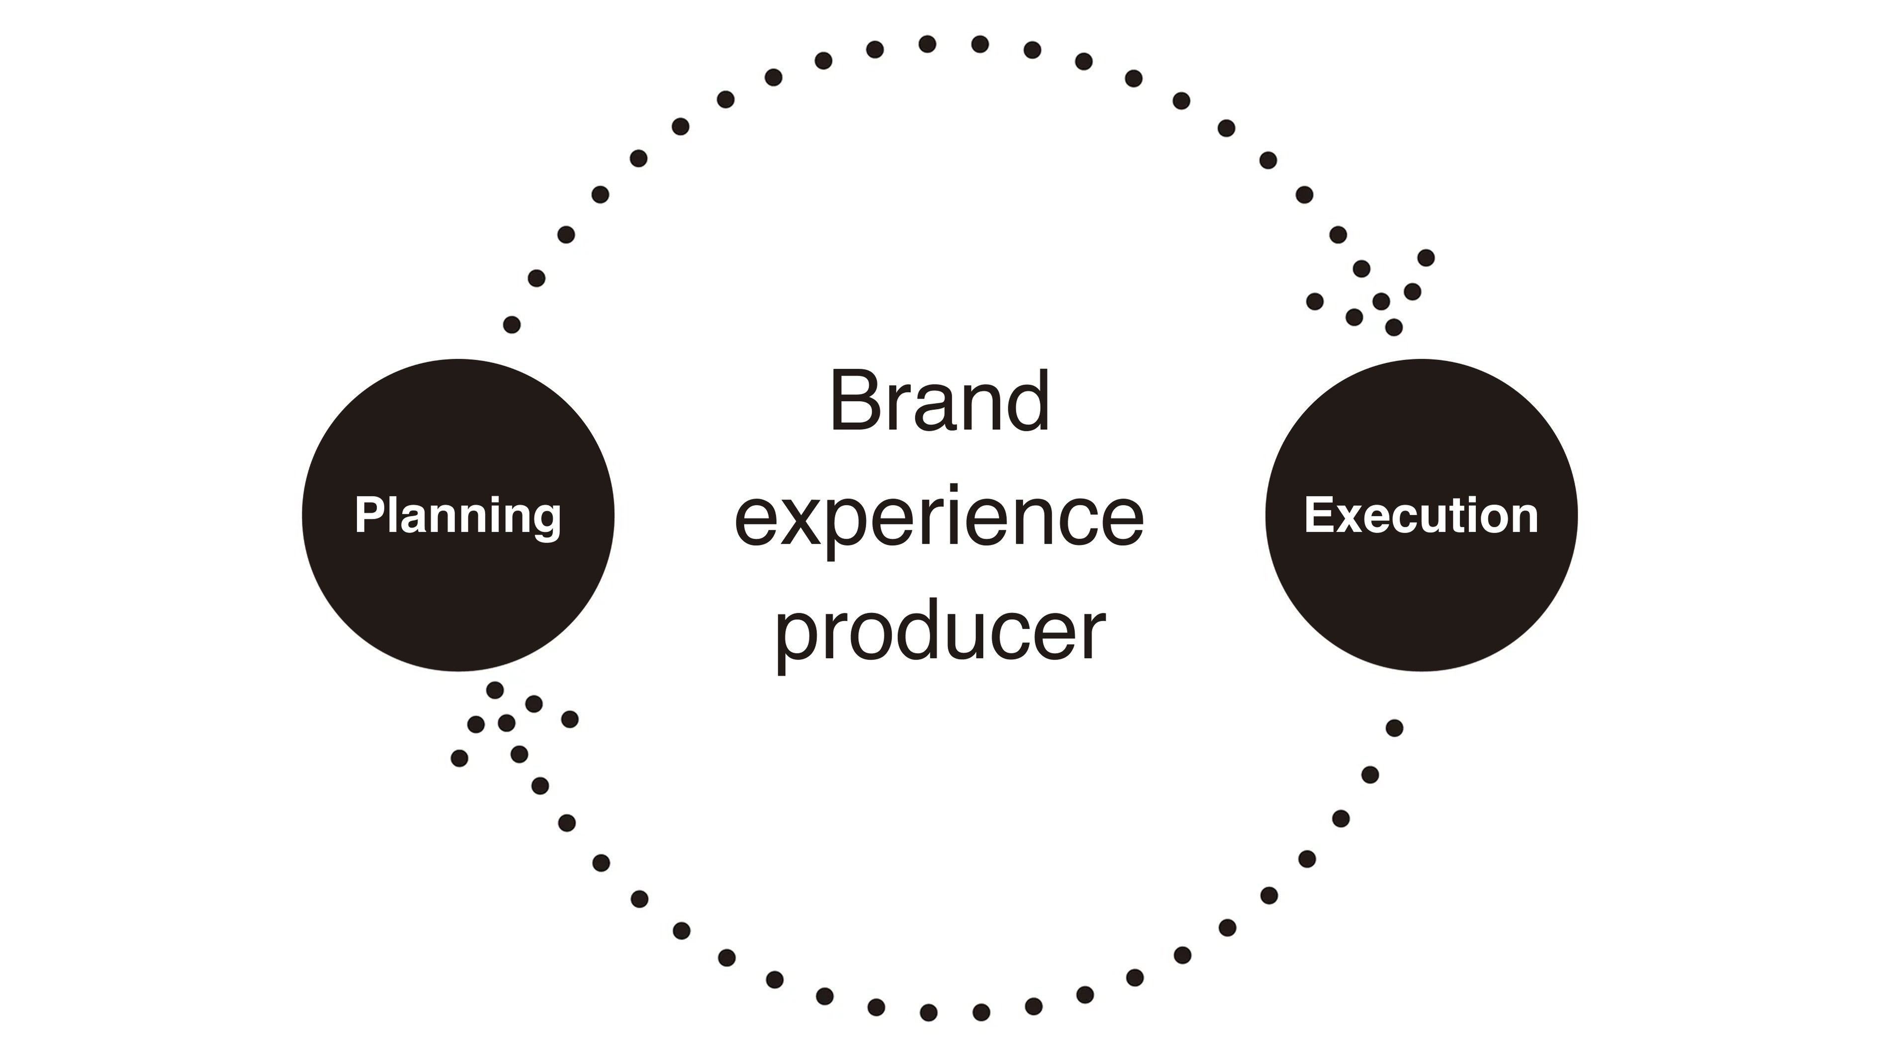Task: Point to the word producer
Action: click(x=939, y=631)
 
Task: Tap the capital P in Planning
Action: click(x=369, y=515)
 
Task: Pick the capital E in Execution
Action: click(x=1320, y=515)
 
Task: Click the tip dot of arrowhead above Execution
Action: click(x=1394, y=327)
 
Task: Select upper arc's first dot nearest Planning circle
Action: click(x=512, y=324)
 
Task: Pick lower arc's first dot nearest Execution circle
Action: click(x=1394, y=728)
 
